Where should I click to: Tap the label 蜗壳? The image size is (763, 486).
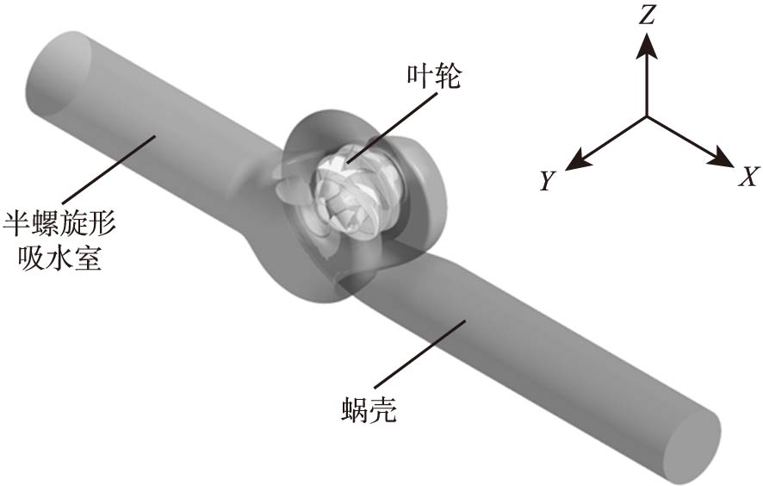369,410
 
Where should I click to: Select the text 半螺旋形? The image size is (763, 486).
59,224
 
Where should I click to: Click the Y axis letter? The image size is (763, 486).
548,181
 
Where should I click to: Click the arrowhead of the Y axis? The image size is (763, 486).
578,160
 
